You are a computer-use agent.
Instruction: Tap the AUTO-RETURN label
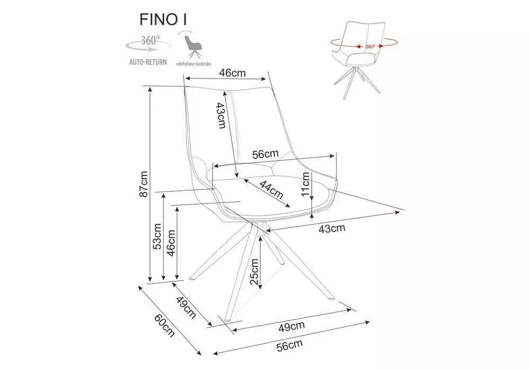[148, 62]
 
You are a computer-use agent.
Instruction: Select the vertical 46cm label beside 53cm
[171, 243]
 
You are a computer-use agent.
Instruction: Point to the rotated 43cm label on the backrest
[222, 116]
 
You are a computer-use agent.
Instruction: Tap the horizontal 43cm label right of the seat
[332, 228]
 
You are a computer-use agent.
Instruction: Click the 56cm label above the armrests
[265, 154]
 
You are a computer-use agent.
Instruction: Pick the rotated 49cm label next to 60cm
[187, 307]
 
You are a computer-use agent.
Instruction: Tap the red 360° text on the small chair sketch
[370, 46]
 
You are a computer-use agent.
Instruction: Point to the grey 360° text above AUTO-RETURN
[150, 40]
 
